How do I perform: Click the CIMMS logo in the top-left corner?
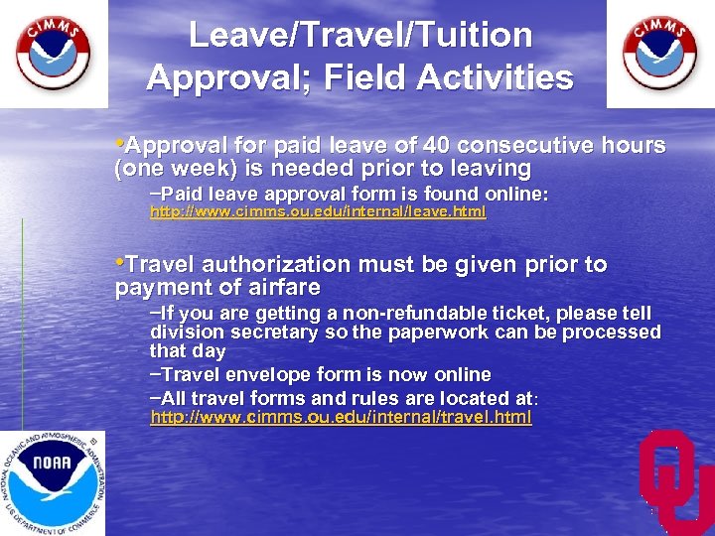53,54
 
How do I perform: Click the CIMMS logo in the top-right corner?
659,54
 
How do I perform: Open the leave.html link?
318,212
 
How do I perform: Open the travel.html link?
341,418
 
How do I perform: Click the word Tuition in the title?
473,36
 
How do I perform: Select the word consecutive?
517,146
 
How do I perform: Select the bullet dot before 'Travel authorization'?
119,263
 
